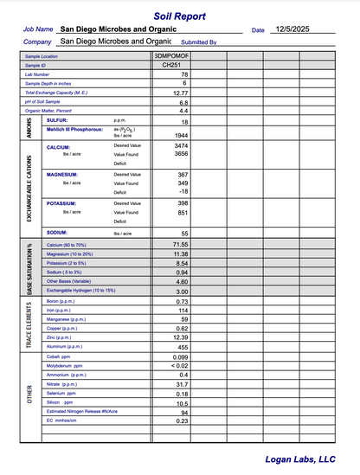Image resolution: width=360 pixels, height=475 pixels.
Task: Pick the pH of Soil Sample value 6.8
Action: pos(183,102)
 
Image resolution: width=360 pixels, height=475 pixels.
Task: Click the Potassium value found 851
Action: pos(182,212)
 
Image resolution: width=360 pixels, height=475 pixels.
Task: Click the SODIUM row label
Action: pos(57,233)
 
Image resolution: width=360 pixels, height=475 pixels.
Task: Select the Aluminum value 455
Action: pos(183,347)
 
